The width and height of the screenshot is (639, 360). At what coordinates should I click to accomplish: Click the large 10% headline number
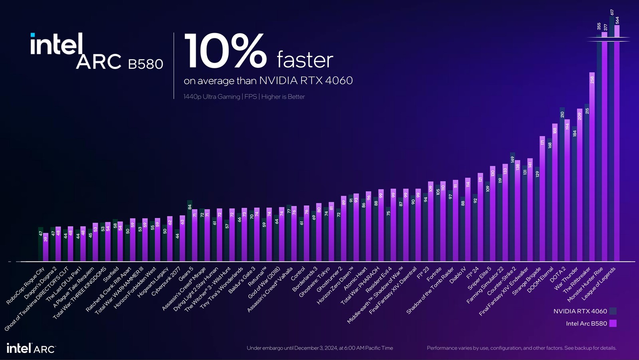225,51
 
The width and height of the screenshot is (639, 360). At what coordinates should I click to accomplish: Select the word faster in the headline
305,60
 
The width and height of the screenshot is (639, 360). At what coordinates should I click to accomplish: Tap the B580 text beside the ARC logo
145,64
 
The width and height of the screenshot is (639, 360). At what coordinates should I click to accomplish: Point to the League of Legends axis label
599,283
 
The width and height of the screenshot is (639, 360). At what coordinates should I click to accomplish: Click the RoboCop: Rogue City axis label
26,286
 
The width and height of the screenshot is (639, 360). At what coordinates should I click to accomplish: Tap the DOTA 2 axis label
558,275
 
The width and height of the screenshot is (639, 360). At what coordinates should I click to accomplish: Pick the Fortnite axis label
434,274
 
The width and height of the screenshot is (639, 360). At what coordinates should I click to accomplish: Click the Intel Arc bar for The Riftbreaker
592,168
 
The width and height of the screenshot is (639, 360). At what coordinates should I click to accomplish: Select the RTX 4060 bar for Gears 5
190,231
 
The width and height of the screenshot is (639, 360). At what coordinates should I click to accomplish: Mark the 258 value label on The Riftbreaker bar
592,80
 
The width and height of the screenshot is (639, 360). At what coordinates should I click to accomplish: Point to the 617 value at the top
612,12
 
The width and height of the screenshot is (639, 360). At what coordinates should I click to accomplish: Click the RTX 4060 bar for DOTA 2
562,184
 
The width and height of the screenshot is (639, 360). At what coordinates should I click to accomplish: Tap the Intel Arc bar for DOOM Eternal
555,192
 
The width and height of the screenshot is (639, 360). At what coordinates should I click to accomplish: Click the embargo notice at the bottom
319,348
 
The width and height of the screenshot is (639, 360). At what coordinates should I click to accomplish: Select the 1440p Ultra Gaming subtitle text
244,97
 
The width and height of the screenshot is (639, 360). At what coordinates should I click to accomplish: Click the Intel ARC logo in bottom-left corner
31,348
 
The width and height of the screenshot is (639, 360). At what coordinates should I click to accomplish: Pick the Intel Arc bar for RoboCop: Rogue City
46,247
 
